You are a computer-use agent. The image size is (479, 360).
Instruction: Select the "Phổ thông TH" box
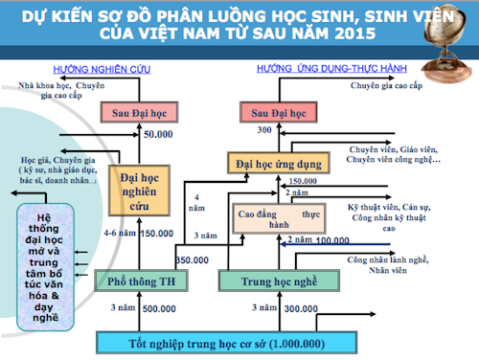point(142,281)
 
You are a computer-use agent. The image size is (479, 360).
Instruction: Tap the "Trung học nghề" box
point(268,281)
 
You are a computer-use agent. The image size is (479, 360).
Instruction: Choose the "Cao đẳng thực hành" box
point(278,217)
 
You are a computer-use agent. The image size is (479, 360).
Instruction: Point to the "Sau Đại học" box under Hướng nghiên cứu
point(142,112)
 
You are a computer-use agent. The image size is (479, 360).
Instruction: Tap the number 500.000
point(159,309)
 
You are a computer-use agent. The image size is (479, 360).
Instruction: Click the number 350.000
point(192,259)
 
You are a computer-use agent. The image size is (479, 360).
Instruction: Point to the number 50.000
point(158,134)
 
